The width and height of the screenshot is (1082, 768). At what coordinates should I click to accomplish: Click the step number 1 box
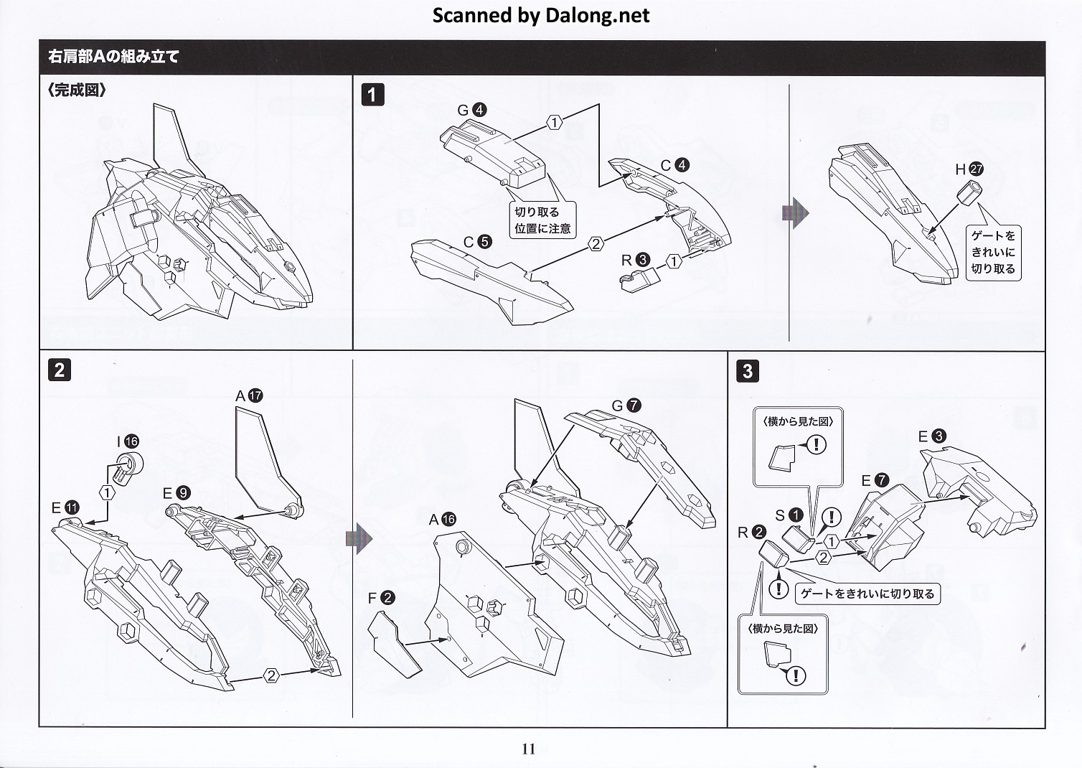coord(372,95)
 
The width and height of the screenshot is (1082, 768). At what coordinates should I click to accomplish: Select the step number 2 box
coord(59,370)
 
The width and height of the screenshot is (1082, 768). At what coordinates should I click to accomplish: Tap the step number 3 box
coord(748,370)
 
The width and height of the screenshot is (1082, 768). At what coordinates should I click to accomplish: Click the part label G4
coord(472,110)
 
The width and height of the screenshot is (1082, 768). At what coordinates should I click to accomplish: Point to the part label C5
coord(477,242)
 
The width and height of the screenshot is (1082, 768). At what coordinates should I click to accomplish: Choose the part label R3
coord(635,260)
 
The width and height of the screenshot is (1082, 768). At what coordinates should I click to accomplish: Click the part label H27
coord(969,169)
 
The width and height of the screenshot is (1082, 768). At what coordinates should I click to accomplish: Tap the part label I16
coord(128,441)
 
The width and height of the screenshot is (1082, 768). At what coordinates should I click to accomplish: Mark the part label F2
coord(380,598)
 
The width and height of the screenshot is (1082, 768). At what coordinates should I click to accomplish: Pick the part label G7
coord(626,406)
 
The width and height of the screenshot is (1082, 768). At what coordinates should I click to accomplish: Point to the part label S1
coord(788,515)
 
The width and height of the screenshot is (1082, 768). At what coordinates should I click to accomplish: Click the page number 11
coord(529,749)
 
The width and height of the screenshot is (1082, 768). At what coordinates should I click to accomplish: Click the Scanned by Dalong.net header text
coord(540,16)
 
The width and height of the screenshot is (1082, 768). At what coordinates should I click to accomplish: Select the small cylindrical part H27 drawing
coord(973,192)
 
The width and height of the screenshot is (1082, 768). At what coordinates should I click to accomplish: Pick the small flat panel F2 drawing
coord(394,644)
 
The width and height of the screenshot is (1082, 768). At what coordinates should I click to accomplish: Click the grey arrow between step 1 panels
coord(795,213)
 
